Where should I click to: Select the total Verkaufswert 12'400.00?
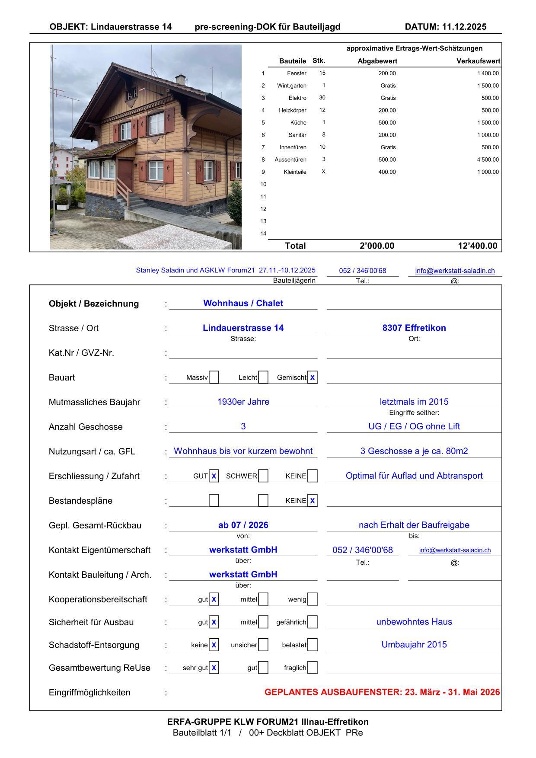478,246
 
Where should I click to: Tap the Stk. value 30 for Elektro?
322,98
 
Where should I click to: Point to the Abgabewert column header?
377,61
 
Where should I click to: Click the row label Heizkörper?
292,110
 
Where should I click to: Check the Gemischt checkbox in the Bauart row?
312,377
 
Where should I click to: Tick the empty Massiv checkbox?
214,377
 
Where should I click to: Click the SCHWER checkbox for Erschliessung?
263,476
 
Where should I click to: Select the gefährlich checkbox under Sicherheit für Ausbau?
312,622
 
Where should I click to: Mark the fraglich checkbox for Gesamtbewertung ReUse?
312,668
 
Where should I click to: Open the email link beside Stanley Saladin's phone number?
455,271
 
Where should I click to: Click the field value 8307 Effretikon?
414,328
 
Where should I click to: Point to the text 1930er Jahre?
243,402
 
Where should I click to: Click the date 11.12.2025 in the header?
464,27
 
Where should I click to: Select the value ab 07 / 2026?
243,525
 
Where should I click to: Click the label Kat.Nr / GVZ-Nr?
81,353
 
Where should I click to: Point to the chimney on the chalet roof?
180,79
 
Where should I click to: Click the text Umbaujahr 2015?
414,645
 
